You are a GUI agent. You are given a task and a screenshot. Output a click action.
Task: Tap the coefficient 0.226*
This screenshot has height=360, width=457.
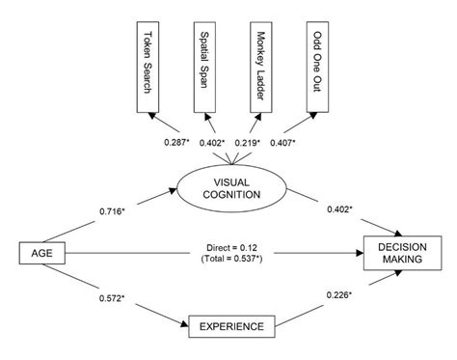point(342,295)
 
